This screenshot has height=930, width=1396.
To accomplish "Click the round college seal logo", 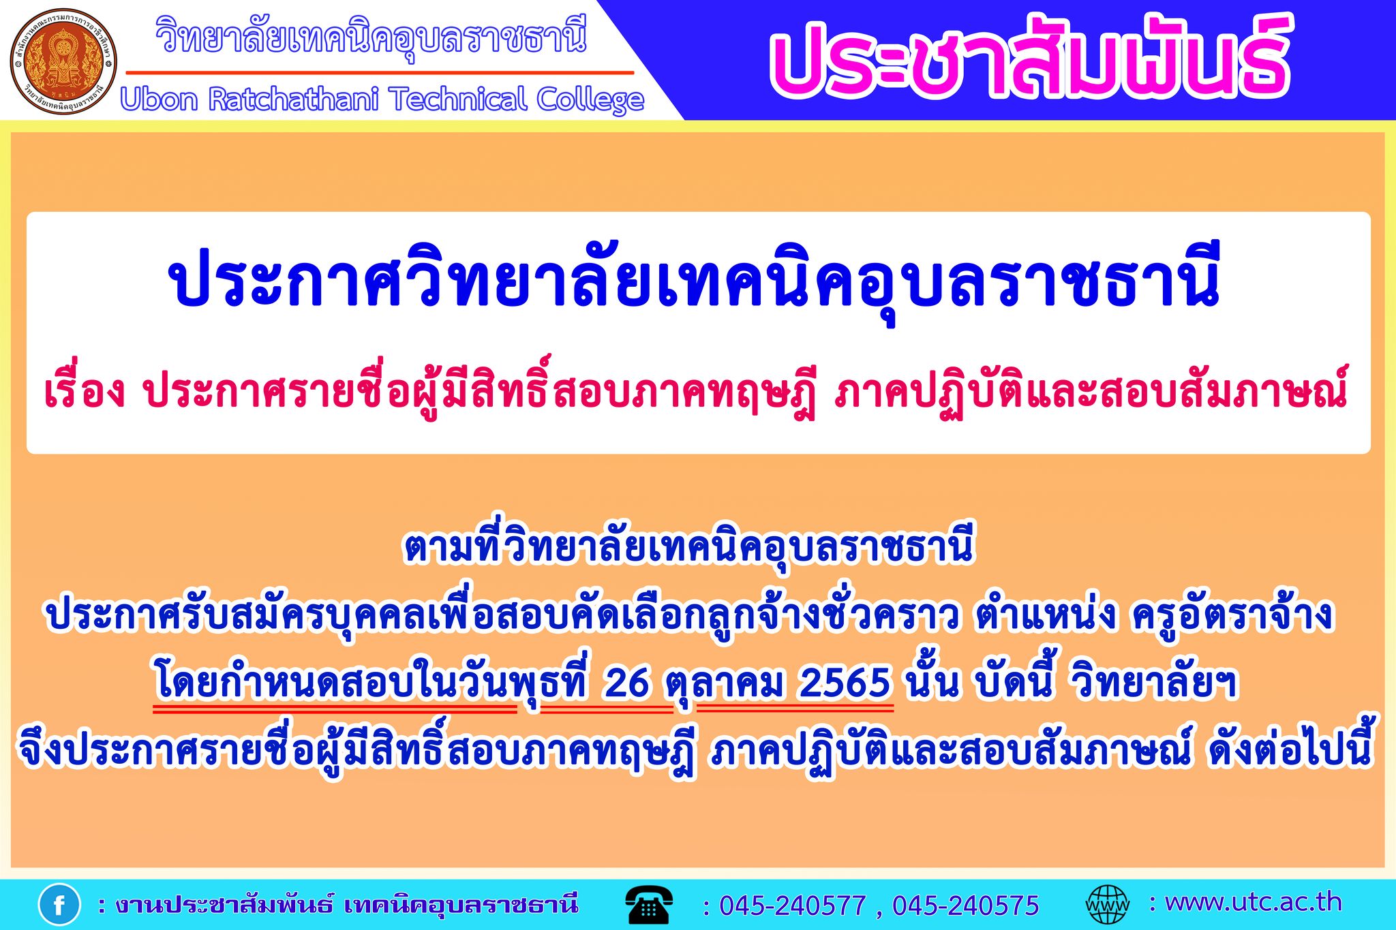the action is click(x=63, y=61).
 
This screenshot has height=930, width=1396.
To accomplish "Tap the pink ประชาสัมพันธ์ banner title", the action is click(x=1030, y=57).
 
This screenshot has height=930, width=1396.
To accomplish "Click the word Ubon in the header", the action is click(x=160, y=99).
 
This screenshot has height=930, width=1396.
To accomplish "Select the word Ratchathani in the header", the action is click(x=294, y=99).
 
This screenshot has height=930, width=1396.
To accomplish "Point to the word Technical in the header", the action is click(x=458, y=99).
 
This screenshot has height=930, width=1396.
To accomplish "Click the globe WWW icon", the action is click(x=1107, y=905).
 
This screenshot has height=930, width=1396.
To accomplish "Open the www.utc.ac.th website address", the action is click(x=1254, y=902).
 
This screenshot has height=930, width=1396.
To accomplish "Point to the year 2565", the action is click(x=845, y=683).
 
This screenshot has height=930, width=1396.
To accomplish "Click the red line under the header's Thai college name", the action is click(x=380, y=72).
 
